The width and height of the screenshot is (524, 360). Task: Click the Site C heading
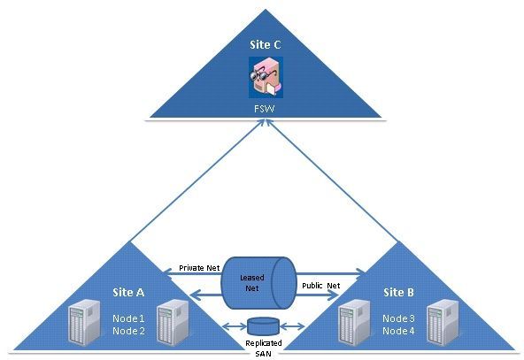pos(265,45)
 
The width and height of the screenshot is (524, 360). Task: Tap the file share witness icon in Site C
pos(266,77)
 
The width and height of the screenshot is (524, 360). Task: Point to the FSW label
pos(265,109)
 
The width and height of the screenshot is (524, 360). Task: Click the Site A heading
pos(128,293)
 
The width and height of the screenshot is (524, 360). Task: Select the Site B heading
pos(398,293)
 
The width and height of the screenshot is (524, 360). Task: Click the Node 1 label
pos(128,318)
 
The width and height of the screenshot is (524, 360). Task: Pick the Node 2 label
pos(128,331)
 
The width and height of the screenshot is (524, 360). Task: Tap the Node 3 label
pos(398,318)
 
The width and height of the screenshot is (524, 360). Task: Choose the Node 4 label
pos(398,331)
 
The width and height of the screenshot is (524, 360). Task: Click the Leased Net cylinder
pos(259,283)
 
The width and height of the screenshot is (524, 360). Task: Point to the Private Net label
pos(199,268)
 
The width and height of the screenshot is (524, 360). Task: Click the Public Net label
pos(320,286)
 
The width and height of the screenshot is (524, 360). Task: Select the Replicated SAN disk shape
pos(264,326)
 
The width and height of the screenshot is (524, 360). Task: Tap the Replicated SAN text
pos(264,348)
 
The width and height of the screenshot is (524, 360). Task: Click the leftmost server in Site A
pos(84,322)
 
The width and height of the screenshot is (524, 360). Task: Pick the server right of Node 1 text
pos(173,322)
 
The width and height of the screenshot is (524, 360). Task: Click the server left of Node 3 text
pos(354,322)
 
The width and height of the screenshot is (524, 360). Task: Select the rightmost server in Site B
pos(443,322)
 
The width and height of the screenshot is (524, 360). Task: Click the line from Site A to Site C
pos(196,180)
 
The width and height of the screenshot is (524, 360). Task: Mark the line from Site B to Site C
pos(332,180)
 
